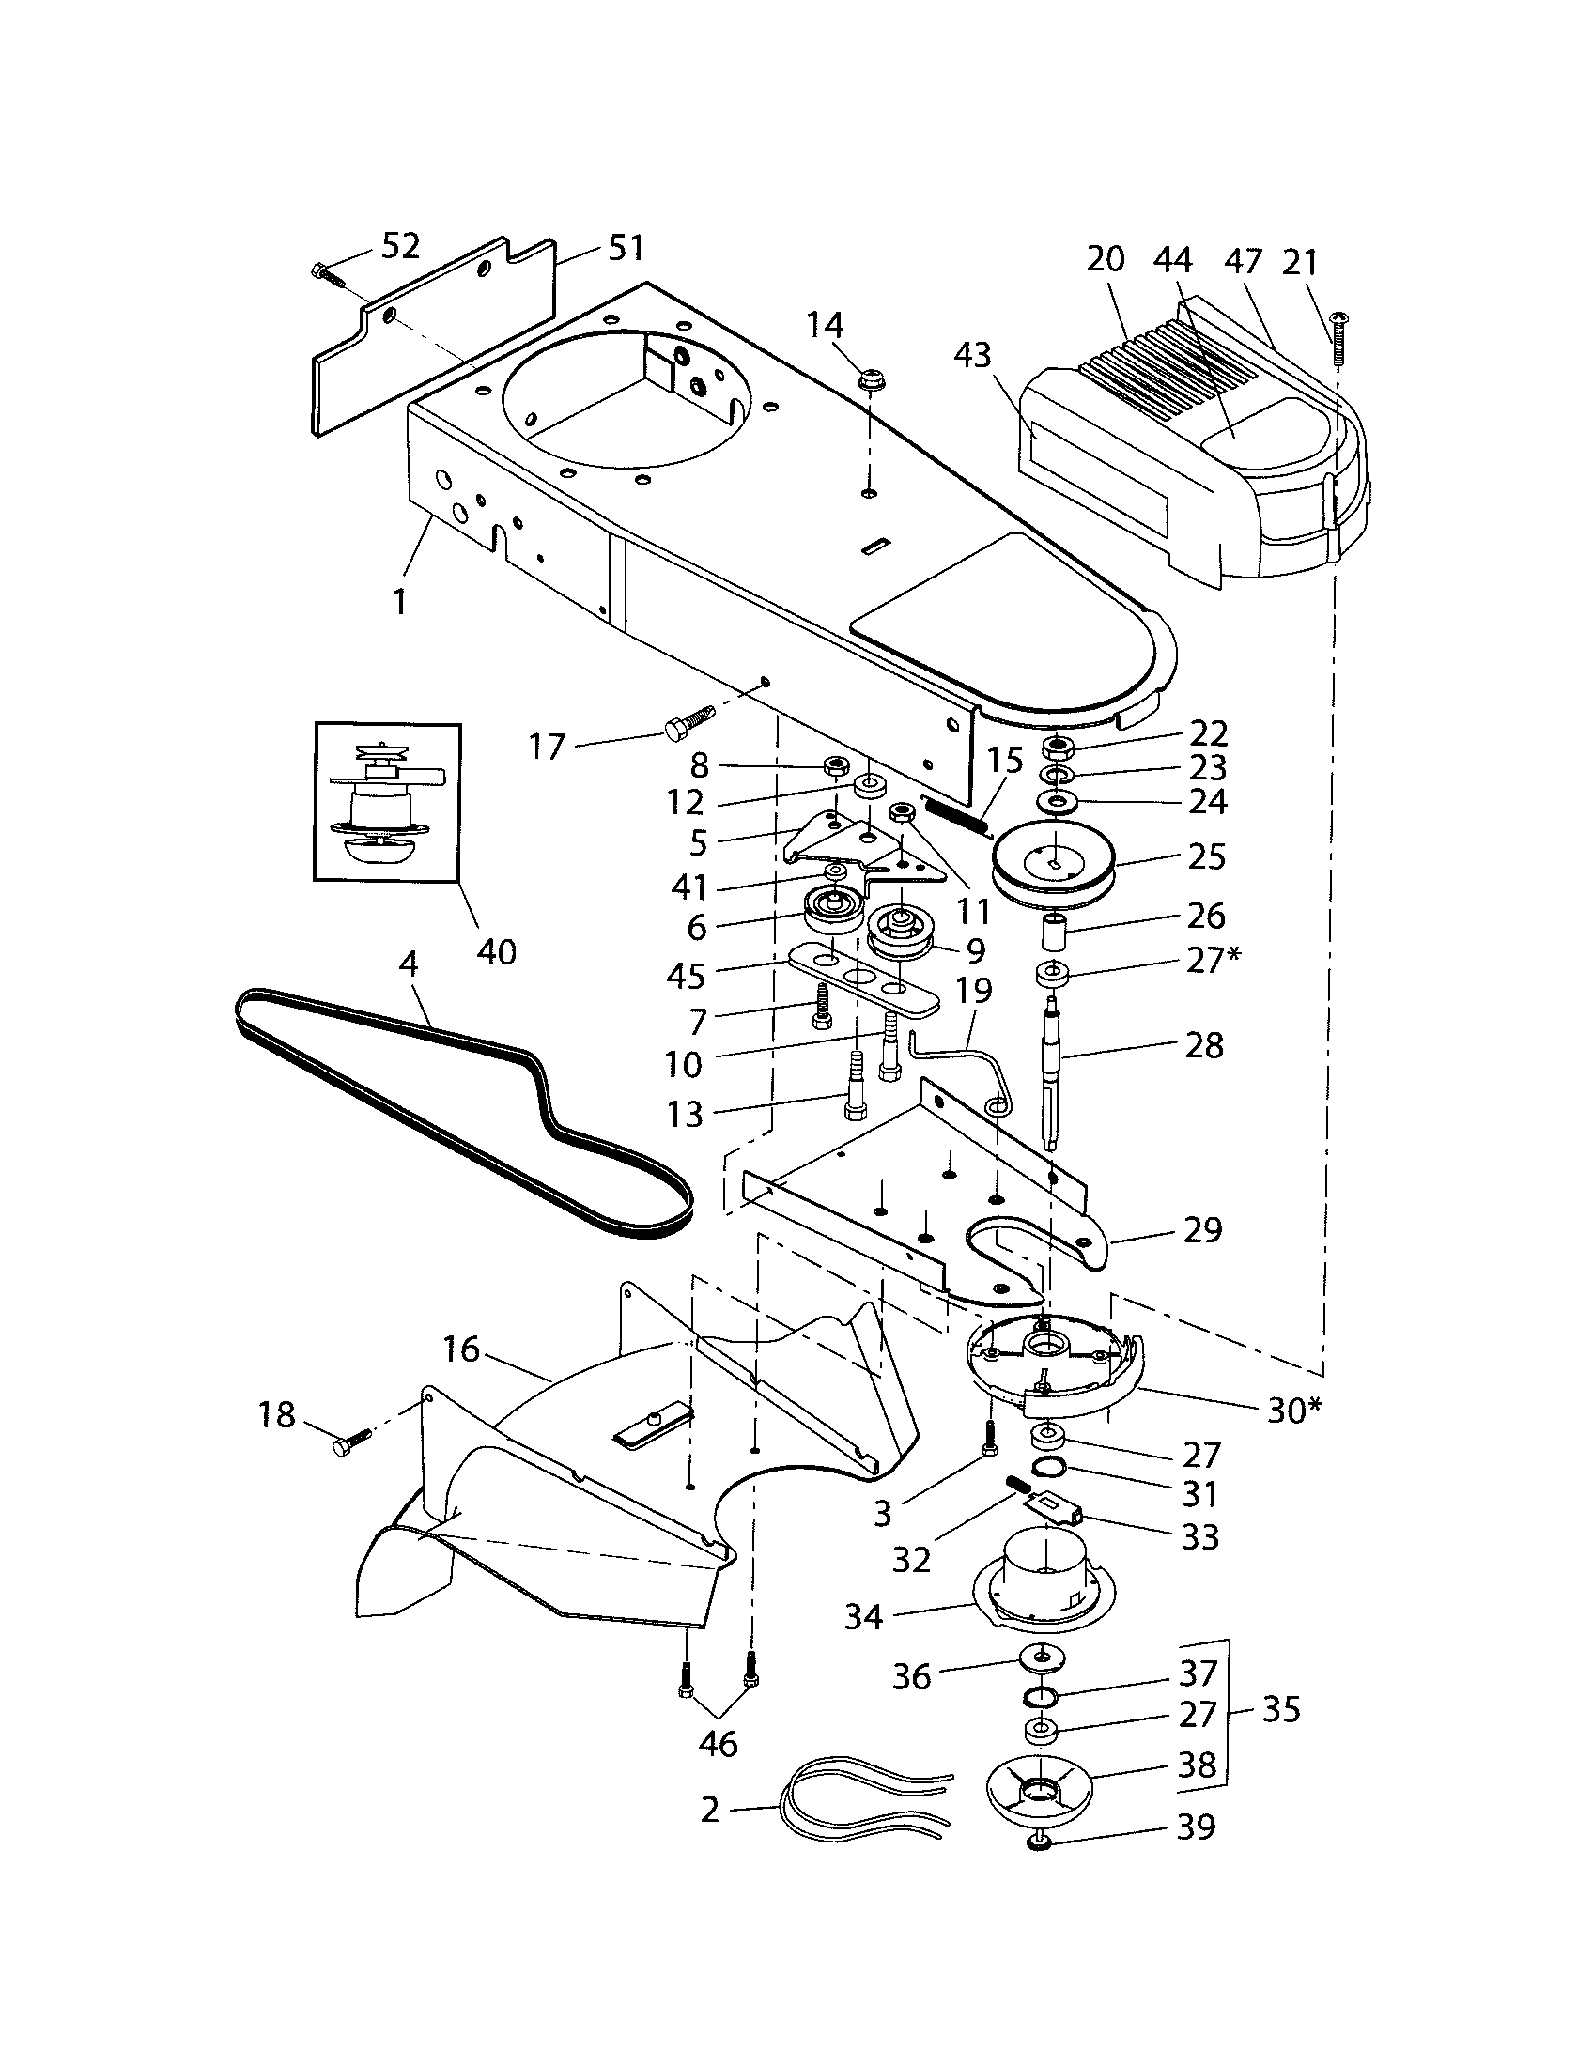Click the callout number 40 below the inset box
point(496,951)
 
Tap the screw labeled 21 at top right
point(1338,341)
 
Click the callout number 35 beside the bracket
point(1281,1709)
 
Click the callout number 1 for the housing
point(400,601)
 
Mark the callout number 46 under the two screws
point(717,1742)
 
